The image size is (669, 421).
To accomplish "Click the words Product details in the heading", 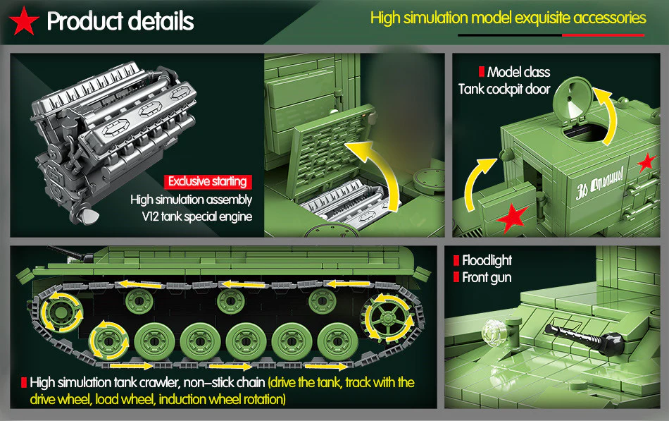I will click(x=120, y=21).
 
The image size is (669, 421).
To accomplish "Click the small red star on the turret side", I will click(x=645, y=164).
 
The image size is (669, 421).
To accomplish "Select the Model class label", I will click(x=518, y=72).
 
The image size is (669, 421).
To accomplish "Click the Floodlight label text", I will click(x=487, y=260).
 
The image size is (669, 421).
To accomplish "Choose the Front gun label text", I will click(x=487, y=277).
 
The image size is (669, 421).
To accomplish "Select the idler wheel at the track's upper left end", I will click(x=55, y=312).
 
